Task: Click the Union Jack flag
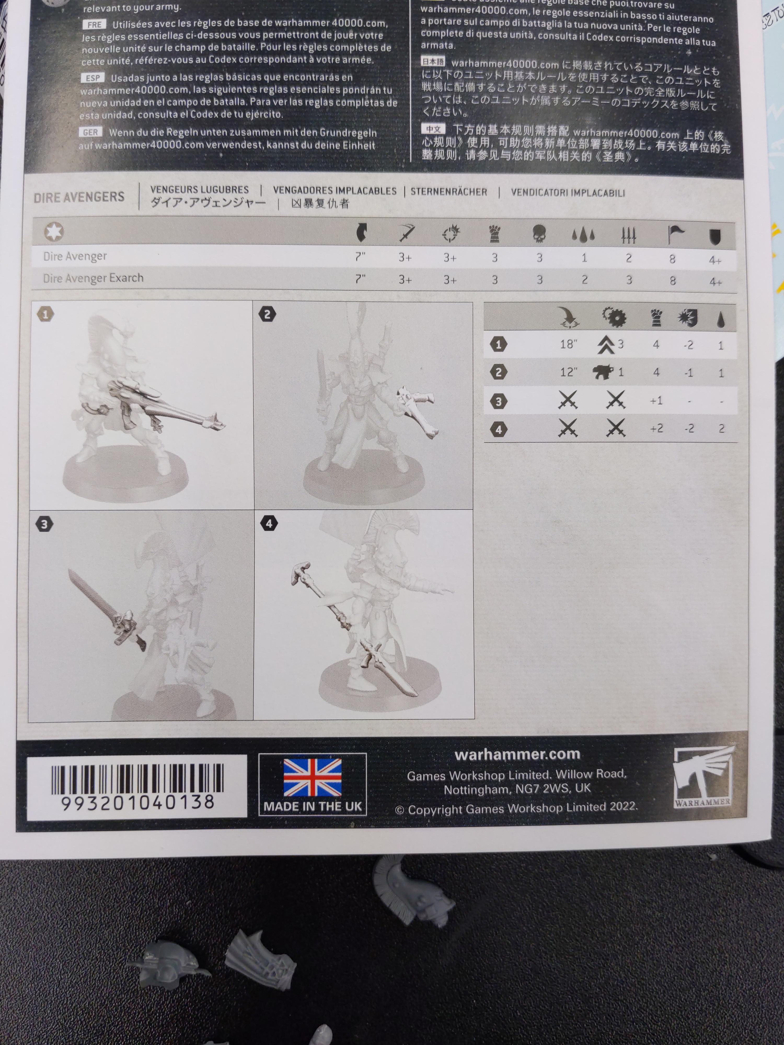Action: tap(312, 777)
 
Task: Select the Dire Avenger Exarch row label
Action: tap(93, 278)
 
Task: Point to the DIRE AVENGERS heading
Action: tap(79, 197)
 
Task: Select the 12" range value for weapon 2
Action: tap(568, 372)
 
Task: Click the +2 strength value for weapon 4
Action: tap(656, 428)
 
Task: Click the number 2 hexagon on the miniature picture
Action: tap(268, 314)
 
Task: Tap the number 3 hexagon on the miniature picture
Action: tap(44, 524)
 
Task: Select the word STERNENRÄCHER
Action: tap(448, 191)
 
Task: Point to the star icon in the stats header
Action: tap(54, 231)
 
